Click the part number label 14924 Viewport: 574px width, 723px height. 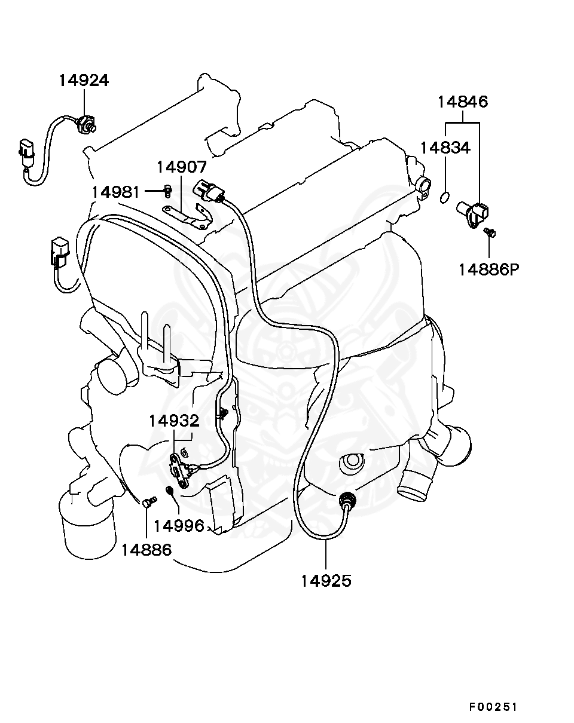pyautogui.click(x=84, y=80)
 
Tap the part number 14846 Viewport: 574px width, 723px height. pyautogui.click(x=462, y=102)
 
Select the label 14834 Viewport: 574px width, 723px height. pyautogui.click(x=444, y=148)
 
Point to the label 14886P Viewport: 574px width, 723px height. pyautogui.click(x=488, y=269)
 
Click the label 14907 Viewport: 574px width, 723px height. pyautogui.click(x=182, y=167)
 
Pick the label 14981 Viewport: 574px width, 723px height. pyautogui.click(x=116, y=192)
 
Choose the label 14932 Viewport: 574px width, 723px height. pyautogui.click(x=174, y=421)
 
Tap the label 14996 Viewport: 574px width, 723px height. pyautogui.click(x=179, y=526)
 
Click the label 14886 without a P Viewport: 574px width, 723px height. pyautogui.click(x=146, y=549)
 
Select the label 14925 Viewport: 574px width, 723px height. pyautogui.click(x=326, y=580)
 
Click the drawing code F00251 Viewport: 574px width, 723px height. pyautogui.click(x=492, y=707)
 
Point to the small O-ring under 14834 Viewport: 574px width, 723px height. pyautogui.click(x=444, y=197)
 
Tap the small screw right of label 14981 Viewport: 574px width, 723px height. pyautogui.click(x=168, y=191)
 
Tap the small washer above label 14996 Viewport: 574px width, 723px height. pyautogui.click(x=169, y=491)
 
